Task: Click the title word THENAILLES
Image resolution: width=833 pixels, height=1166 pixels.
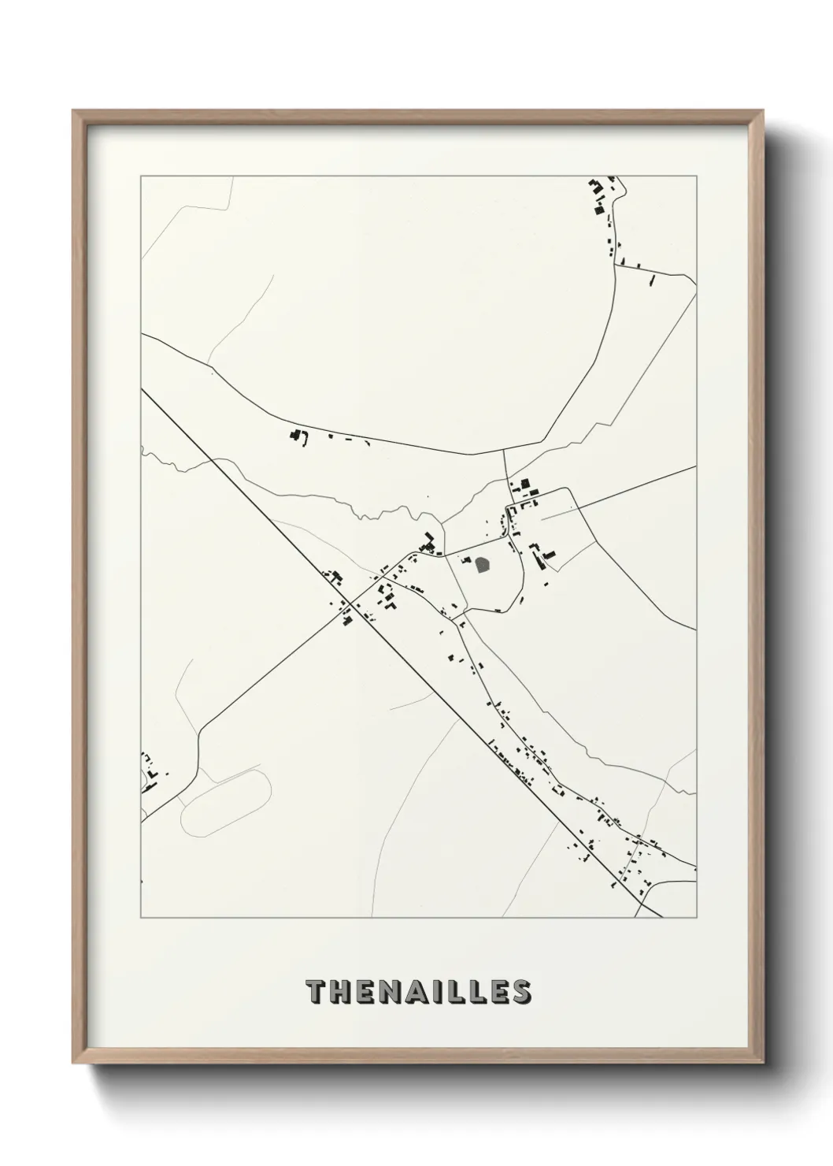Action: point(418,992)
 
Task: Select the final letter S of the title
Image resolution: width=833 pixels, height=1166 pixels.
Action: point(520,992)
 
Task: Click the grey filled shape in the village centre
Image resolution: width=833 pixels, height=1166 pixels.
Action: point(483,564)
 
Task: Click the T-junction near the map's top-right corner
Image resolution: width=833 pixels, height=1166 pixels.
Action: point(614,266)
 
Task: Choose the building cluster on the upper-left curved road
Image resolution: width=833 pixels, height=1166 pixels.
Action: point(298,436)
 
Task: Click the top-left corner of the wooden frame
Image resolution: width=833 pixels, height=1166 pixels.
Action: point(74,112)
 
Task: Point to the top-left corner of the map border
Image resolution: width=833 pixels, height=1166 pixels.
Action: point(141,176)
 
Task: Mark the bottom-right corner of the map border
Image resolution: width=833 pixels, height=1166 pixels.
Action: point(696,918)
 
